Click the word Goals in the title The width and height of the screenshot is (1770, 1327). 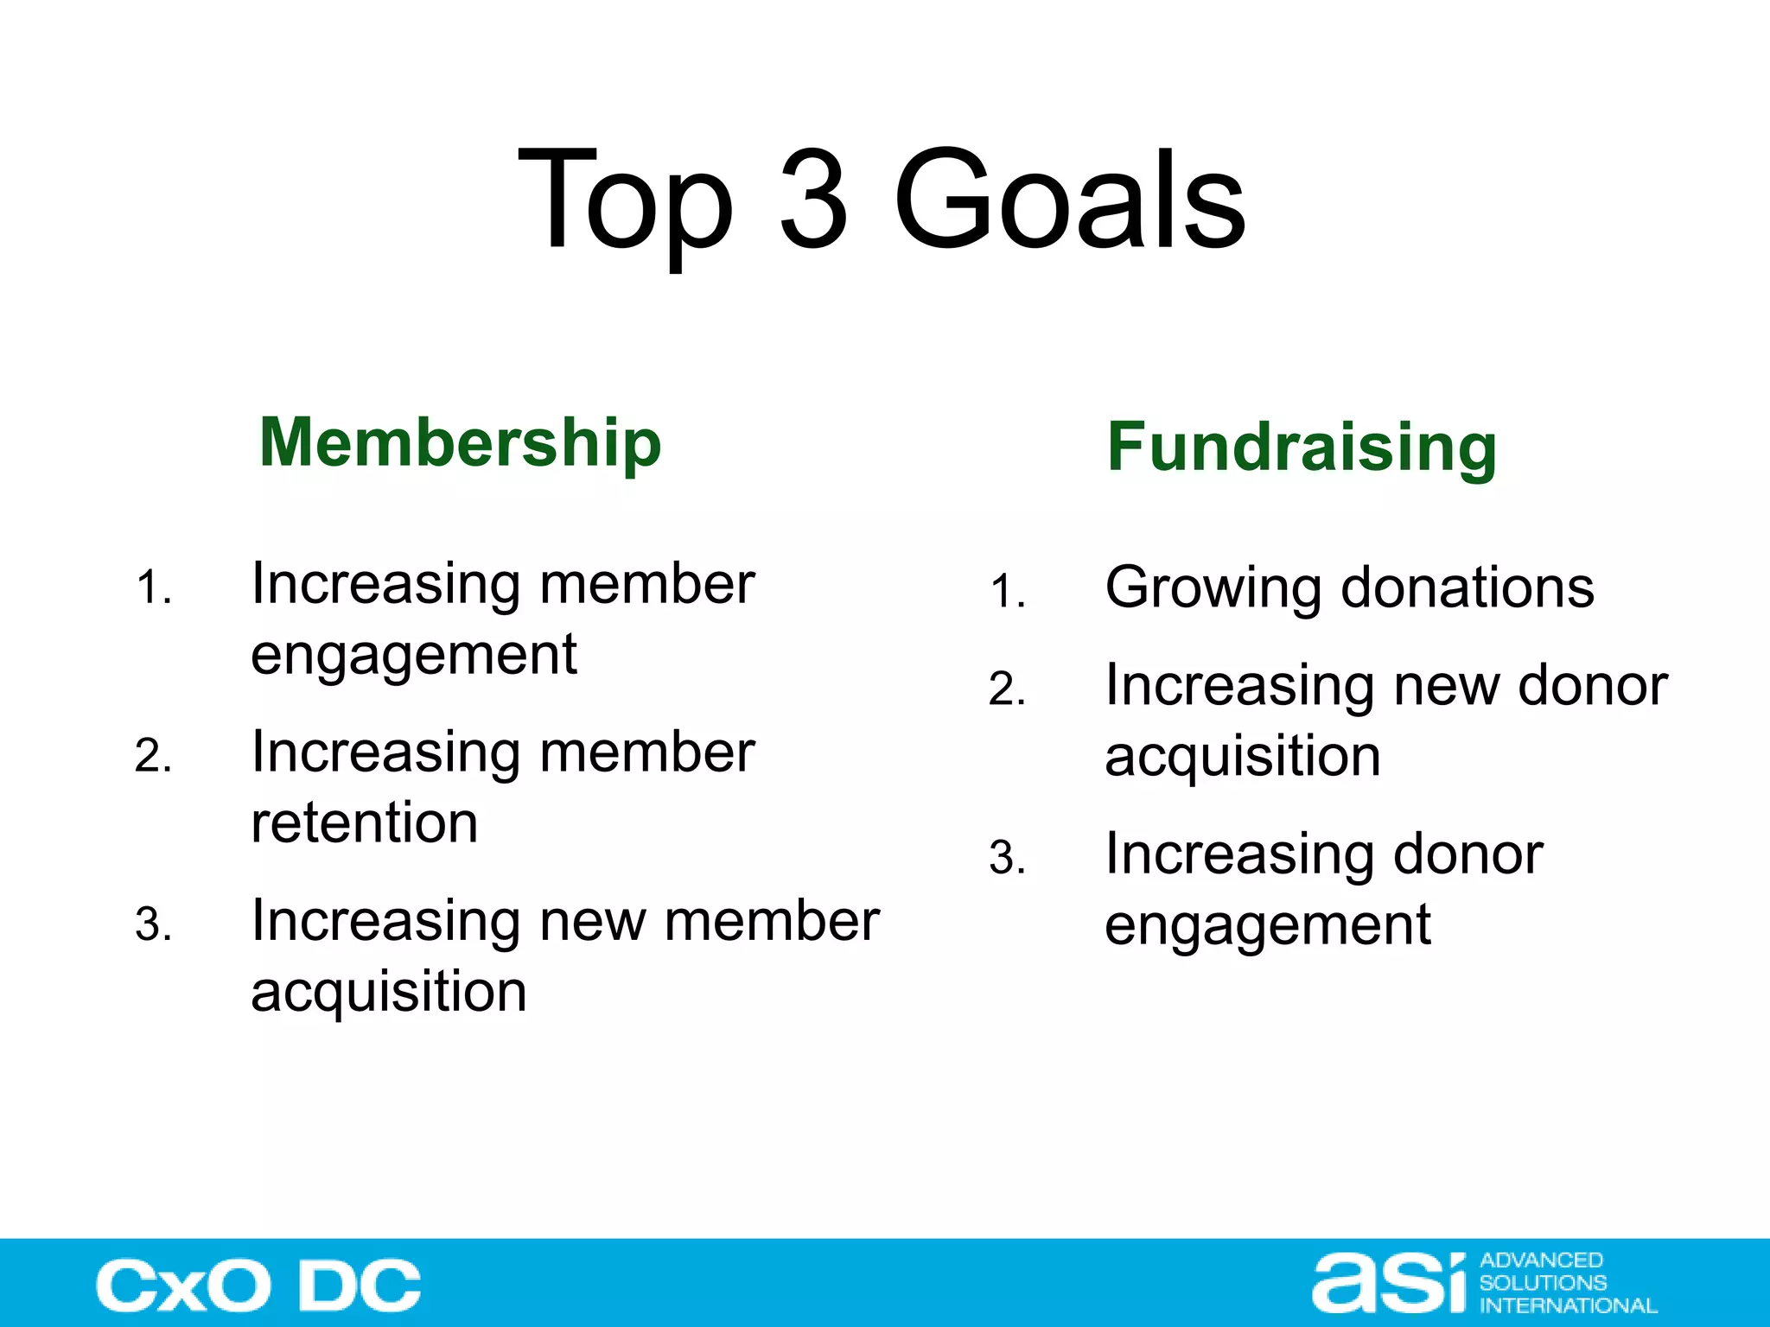1069,200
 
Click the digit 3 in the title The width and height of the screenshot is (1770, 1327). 812,200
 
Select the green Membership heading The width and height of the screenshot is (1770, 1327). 460,442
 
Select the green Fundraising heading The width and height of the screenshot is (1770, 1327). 1302,448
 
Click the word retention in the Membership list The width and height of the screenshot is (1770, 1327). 364,822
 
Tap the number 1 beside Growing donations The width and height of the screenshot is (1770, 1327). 1007,593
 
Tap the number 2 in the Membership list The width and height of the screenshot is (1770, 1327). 153,756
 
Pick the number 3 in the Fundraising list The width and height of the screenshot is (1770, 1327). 1007,858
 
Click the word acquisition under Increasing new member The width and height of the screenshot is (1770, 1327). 389,991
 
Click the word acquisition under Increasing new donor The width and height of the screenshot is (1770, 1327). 1243,757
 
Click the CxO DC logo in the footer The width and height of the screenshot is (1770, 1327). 258,1286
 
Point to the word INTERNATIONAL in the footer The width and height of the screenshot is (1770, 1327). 1568,1305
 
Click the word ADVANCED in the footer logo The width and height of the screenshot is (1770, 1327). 1541,1260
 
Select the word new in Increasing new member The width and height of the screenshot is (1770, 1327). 593,921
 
